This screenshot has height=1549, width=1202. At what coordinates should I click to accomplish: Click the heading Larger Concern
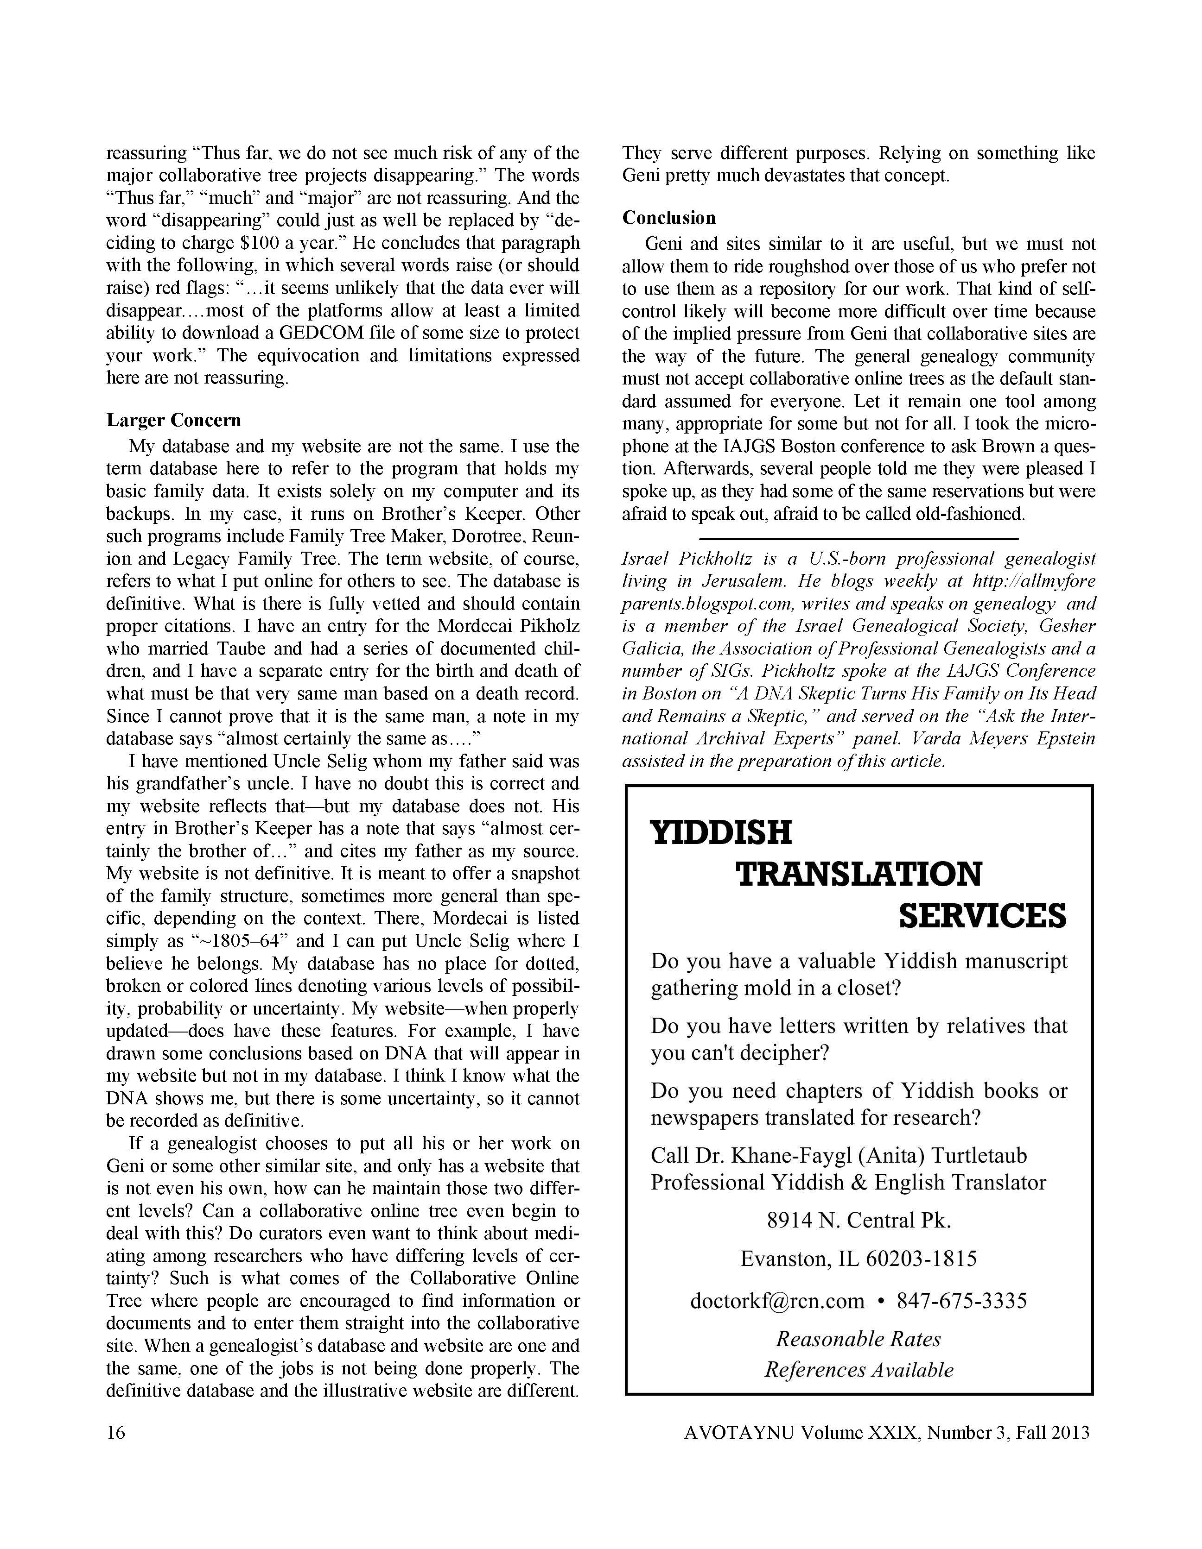174,421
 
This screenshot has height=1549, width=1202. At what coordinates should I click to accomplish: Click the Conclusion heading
668,218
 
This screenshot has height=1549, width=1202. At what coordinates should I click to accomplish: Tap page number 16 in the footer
116,1433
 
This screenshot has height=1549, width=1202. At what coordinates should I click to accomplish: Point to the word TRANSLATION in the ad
859,875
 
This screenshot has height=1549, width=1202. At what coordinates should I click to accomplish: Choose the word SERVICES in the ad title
982,916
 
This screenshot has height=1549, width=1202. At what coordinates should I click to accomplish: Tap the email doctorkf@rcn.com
777,1301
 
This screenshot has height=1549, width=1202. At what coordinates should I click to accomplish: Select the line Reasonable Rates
859,1339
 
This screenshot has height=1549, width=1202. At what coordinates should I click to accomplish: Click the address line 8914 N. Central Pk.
859,1220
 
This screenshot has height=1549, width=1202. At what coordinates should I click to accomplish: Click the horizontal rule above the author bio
859,539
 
